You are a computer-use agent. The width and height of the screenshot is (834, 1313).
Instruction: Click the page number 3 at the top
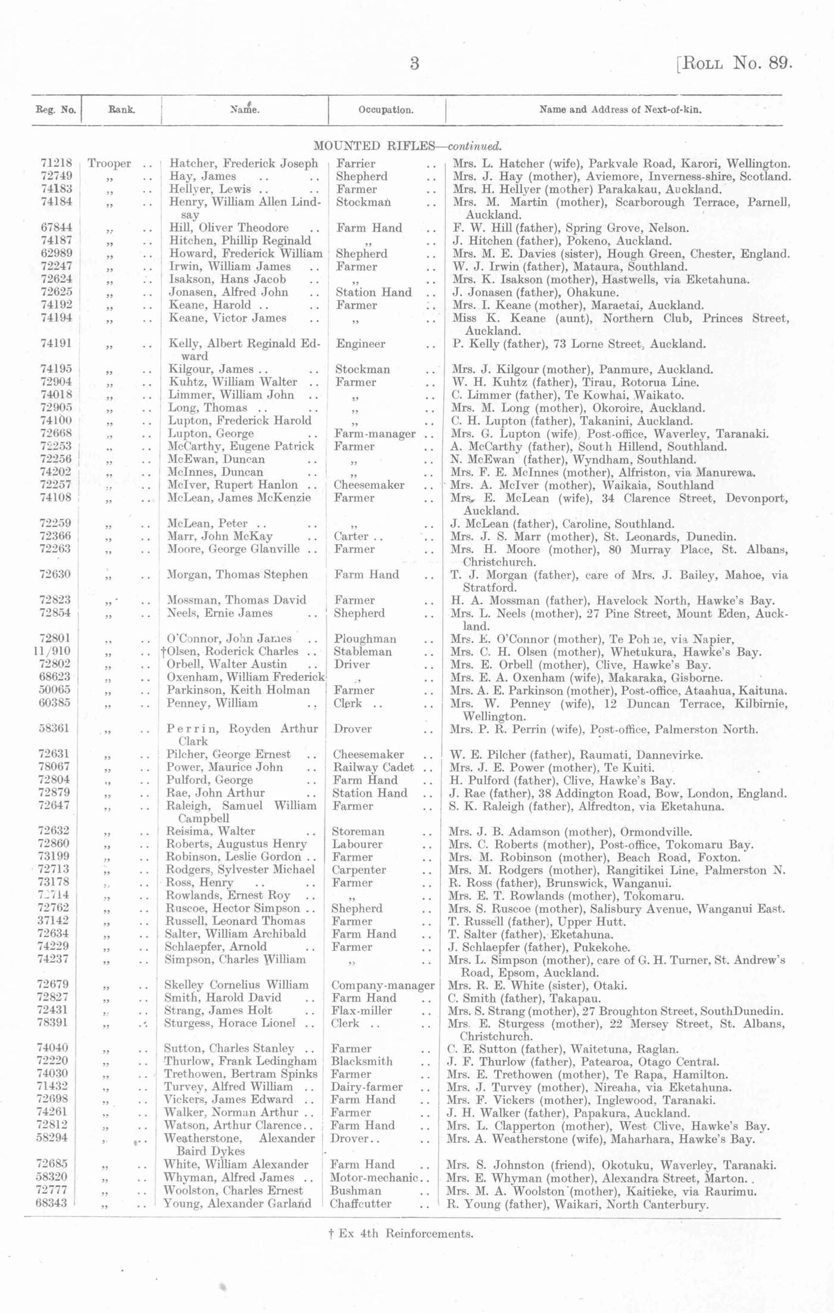click(x=414, y=64)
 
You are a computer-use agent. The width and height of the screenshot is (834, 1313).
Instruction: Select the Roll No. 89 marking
click(x=735, y=63)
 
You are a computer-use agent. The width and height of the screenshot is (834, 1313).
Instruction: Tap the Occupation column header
click(x=386, y=110)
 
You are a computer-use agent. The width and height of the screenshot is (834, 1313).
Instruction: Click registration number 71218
click(x=57, y=163)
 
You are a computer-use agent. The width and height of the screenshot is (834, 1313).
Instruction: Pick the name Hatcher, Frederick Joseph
click(x=243, y=163)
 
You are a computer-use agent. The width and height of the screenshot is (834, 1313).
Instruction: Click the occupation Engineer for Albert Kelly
click(x=360, y=344)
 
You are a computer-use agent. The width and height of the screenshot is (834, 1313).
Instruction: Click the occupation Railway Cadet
click(x=373, y=767)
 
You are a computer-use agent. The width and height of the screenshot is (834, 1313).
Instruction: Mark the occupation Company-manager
click(x=382, y=985)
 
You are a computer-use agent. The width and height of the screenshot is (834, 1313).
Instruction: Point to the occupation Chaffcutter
click(x=361, y=1203)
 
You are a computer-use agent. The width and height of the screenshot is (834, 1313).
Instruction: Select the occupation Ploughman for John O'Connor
click(x=365, y=639)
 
